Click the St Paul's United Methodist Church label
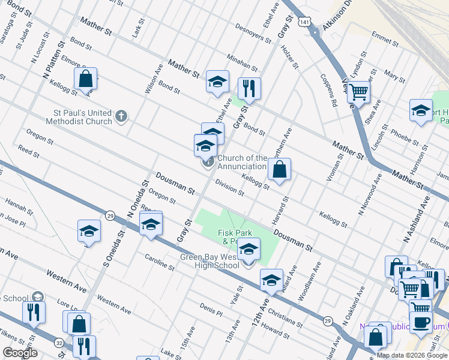74,117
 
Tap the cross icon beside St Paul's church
121,116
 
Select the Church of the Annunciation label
242,162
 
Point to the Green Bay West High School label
210,262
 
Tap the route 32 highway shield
59,343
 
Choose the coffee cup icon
421,322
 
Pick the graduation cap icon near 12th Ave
271,280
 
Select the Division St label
229,188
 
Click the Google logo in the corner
20,353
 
